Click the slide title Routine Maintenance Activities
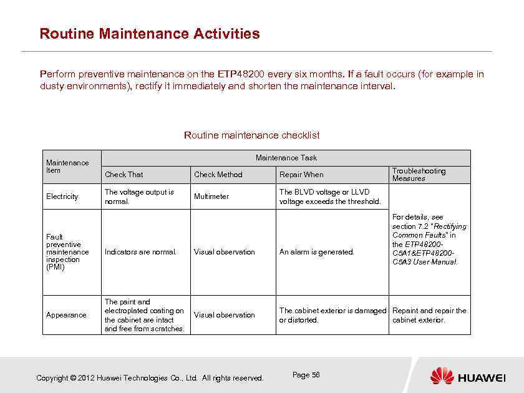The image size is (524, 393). [149, 34]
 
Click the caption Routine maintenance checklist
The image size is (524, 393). [251, 135]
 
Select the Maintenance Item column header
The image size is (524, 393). [67, 167]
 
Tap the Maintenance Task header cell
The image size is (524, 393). [286, 158]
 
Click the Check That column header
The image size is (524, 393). [124, 175]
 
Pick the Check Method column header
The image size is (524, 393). [218, 175]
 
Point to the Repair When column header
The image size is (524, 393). [301, 175]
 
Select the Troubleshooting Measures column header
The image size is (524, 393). [419, 175]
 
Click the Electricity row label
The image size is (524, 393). [62, 196]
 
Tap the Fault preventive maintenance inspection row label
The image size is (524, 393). [67, 252]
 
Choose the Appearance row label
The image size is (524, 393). [66, 315]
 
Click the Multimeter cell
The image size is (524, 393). [211, 196]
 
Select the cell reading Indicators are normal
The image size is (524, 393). [140, 252]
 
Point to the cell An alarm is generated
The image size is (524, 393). [316, 252]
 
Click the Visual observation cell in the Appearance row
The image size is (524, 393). [224, 315]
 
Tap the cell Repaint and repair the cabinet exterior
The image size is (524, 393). [429, 315]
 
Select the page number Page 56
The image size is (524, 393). [306, 375]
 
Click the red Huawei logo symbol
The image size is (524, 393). [442, 376]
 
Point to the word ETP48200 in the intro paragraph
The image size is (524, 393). [239, 74]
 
